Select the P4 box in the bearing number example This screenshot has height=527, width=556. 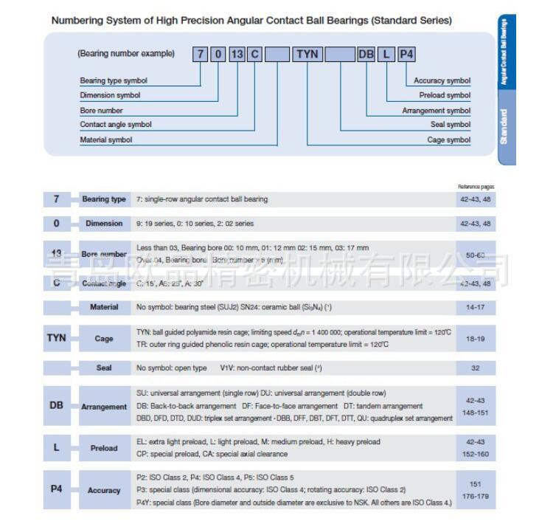[406, 54]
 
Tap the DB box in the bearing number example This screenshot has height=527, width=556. [366, 54]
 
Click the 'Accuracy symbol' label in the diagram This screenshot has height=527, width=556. [442, 80]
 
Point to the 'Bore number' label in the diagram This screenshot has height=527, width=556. [101, 110]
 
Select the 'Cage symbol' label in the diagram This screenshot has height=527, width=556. [448, 139]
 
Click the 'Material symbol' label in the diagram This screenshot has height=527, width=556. [106, 139]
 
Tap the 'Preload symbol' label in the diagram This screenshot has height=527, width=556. [445, 95]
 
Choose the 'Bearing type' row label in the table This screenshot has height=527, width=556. [104, 199]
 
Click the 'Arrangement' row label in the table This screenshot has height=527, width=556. [104, 407]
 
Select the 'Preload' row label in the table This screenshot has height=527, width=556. [104, 448]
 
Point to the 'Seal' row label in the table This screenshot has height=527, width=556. [104, 367]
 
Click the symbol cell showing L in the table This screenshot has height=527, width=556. [57, 448]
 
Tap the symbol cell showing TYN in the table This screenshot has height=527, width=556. [57, 338]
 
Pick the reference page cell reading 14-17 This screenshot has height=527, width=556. [476, 307]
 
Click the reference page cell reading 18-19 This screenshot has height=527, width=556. [476, 339]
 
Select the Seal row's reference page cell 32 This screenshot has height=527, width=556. [476, 367]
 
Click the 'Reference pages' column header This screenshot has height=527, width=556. [476, 187]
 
